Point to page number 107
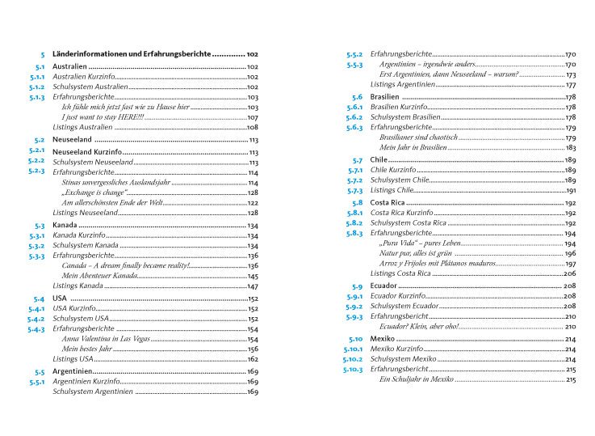coord(252,117)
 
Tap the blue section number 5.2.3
coord(35,172)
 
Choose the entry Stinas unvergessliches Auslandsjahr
coord(108,183)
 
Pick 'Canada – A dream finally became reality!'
coord(125,265)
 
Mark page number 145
coord(252,276)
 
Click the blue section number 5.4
coord(37,298)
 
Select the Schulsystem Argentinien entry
coord(90,392)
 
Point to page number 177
coord(570,84)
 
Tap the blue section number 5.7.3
coord(354,190)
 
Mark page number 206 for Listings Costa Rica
coord(570,274)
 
